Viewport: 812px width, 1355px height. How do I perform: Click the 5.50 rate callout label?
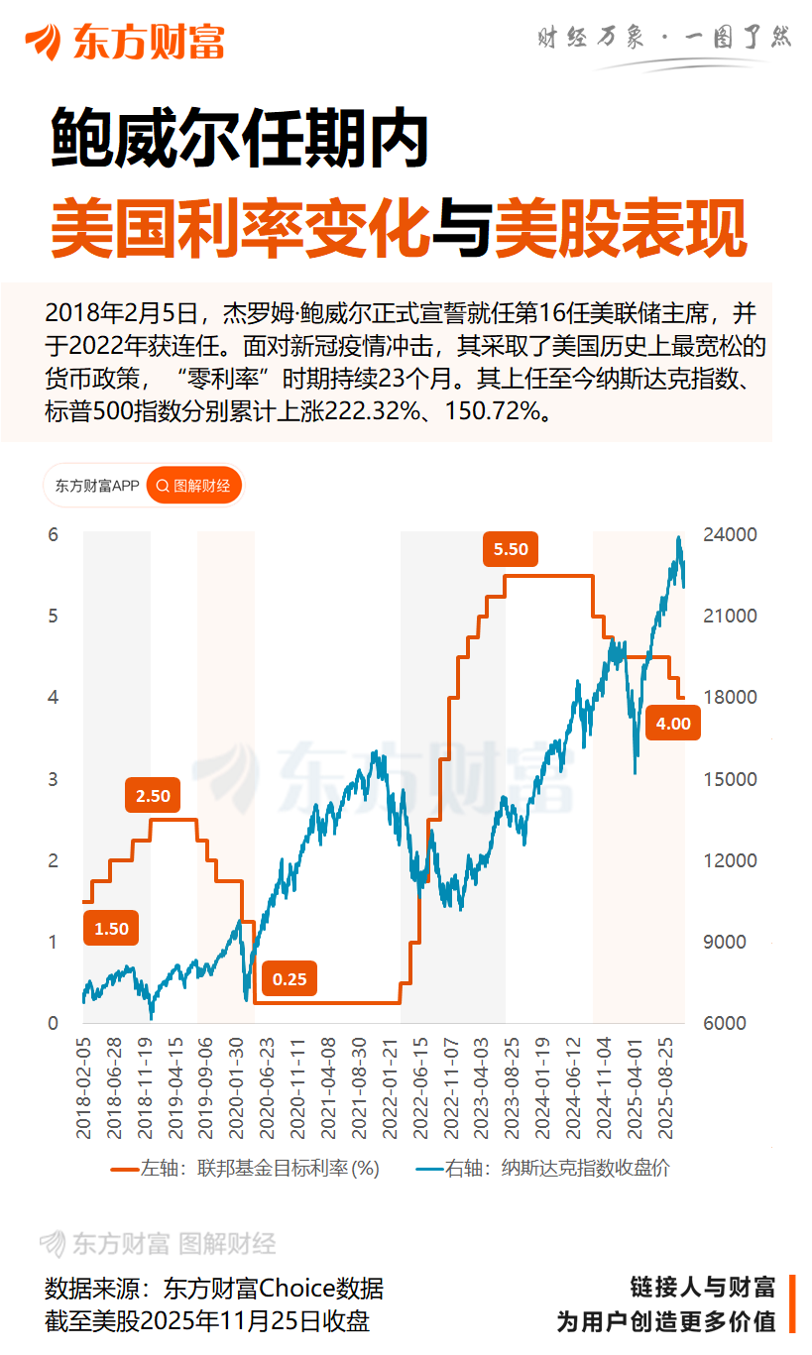coord(511,549)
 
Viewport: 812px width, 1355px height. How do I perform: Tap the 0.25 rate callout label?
coord(290,979)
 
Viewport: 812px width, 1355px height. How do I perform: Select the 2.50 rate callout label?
coord(153,796)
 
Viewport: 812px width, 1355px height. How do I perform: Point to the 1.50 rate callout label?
coord(111,929)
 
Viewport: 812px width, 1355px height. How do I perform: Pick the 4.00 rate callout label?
coord(673,724)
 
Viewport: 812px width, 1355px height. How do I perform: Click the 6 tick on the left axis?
coord(54,534)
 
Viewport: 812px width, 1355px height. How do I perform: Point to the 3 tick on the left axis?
coord(54,779)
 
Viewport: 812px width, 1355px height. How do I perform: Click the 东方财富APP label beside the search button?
coord(96,486)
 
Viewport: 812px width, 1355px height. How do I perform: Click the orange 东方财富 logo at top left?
coord(126,42)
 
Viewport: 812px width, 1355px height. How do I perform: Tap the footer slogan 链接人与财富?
coord(702,1288)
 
